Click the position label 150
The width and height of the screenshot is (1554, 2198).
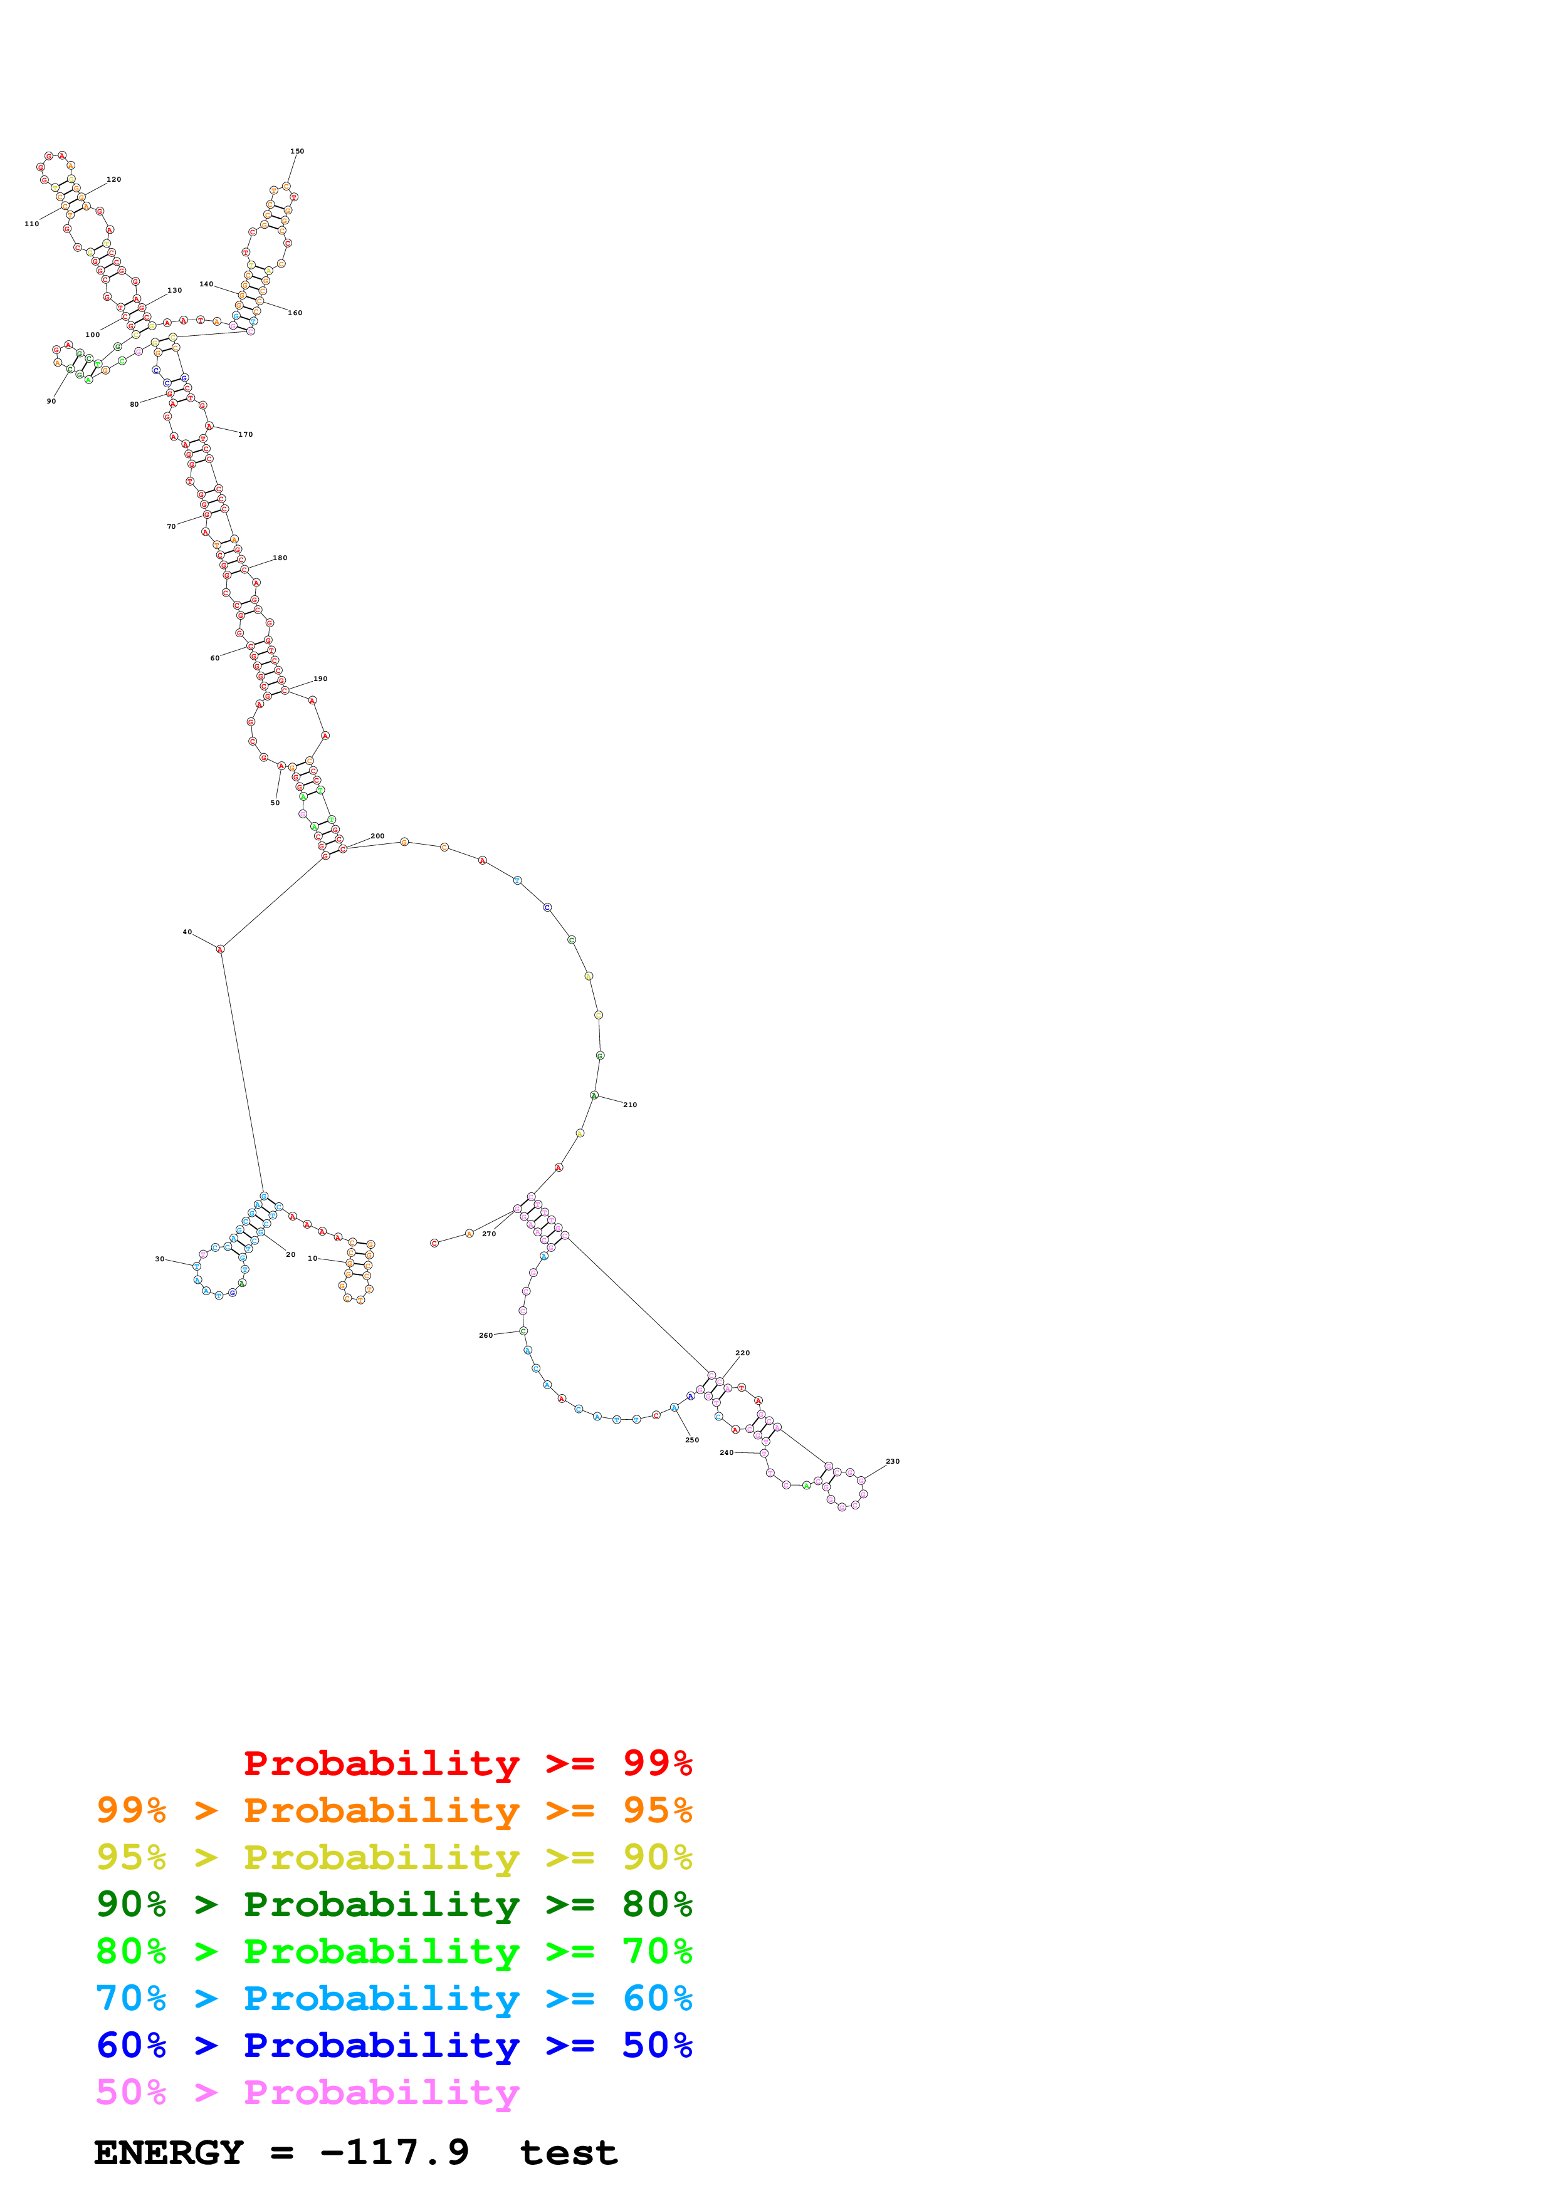click(297, 151)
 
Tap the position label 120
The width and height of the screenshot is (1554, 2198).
click(114, 179)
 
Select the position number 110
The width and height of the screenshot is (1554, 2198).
click(31, 224)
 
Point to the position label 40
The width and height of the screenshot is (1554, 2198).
click(187, 932)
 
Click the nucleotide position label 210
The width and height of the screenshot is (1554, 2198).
click(630, 1105)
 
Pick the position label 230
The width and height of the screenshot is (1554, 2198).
click(893, 1461)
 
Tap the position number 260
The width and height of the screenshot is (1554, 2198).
click(485, 1335)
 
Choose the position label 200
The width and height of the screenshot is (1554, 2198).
click(377, 836)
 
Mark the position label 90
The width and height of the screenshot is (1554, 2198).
click(51, 401)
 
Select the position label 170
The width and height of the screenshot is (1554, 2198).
click(246, 435)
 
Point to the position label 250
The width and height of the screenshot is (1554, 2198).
click(691, 1440)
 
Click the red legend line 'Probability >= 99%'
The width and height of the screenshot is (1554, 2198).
click(467, 1763)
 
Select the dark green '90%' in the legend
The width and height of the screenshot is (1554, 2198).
click(131, 1904)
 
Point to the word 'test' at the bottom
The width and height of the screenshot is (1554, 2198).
click(569, 2153)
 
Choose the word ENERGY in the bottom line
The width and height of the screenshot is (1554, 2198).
click(169, 2153)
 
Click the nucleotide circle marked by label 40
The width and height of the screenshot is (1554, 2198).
click(220, 949)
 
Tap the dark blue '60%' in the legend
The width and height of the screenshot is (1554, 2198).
click(131, 2045)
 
